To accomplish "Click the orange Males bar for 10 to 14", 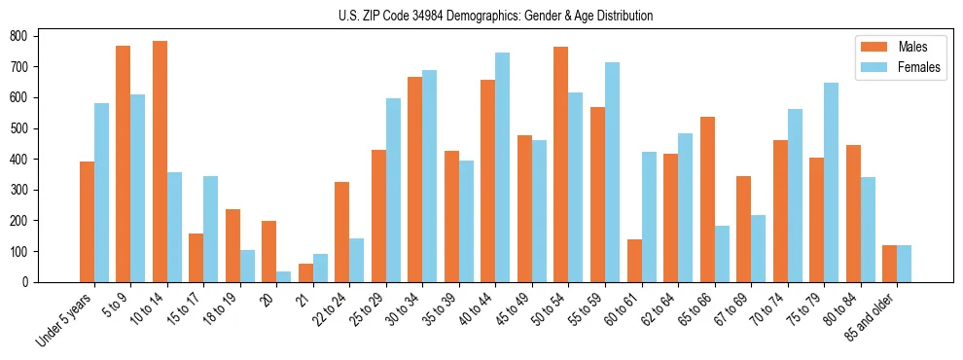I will (x=160, y=162).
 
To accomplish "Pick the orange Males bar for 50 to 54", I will (x=561, y=164).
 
